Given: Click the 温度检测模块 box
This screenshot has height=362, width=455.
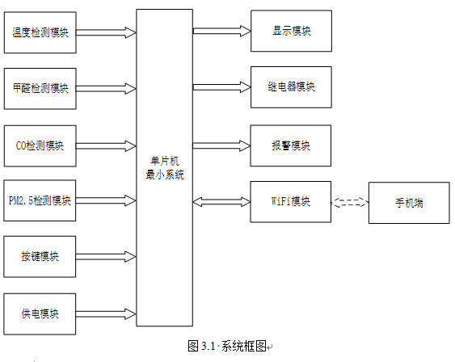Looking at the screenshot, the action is pos(40,32).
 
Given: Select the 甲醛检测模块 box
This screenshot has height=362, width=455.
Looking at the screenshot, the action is pos(40,89).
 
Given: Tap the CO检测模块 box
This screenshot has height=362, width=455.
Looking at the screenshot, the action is pos(40,146).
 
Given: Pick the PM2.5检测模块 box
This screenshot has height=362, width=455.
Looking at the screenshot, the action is pos(40,200).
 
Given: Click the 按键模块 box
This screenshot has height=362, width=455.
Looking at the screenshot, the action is pos(40,257).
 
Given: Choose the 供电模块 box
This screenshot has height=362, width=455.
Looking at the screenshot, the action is pos(40,314).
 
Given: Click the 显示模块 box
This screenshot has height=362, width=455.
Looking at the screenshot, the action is pos(291,31).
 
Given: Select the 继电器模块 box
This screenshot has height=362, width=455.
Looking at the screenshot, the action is pos(291,87).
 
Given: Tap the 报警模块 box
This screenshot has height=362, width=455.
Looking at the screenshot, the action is pos(291,145).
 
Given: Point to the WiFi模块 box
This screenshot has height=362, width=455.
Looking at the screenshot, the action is pos(291,202).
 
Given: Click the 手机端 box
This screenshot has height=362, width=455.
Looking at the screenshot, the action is pos(409,203).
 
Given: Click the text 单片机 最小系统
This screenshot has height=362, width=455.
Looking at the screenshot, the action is pos(165,168).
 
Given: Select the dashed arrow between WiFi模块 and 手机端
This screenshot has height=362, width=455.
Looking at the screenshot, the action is pos(350,202).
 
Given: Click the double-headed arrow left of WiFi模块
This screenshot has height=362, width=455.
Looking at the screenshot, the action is pos(221,202).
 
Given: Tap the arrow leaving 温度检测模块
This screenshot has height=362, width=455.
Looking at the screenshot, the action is pos(106,32).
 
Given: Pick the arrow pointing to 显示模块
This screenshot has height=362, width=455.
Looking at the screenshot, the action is pos(222,31).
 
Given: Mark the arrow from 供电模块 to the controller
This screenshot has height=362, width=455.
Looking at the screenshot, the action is pos(106,314).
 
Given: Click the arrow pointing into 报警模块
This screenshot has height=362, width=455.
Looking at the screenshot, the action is pos(221,145).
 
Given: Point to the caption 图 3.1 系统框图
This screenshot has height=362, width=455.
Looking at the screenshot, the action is pos(227,346).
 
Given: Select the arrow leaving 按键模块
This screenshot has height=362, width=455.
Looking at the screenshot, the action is pos(106,257).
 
